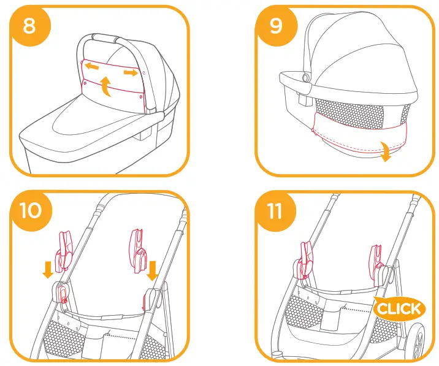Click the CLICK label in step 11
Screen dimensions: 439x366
tap(399, 308)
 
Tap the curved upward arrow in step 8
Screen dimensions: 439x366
tap(107, 86)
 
